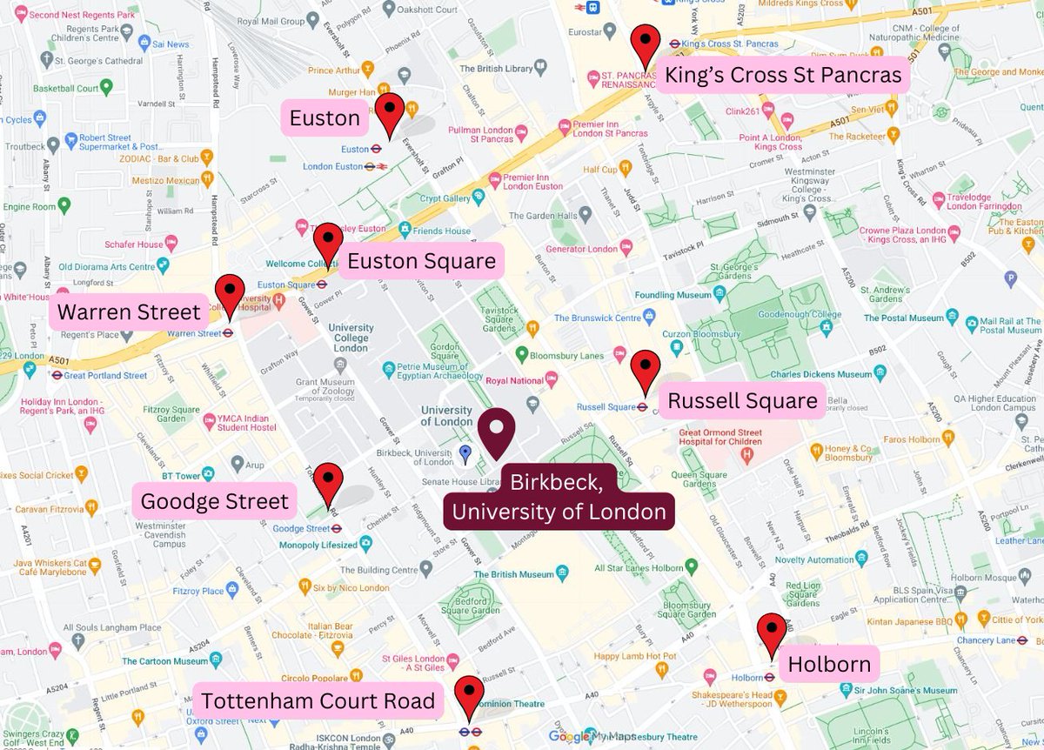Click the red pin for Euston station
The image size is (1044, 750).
pyautogui.click(x=390, y=113)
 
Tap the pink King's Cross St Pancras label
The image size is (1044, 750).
pyautogui.click(x=783, y=76)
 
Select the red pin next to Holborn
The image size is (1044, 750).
pyautogui.click(x=772, y=633)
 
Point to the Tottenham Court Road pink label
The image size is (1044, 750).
pyautogui.click(x=318, y=701)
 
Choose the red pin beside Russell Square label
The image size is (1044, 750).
pyautogui.click(x=646, y=371)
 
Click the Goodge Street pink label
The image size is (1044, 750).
pyautogui.click(x=214, y=502)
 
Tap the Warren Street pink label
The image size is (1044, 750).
pyautogui.click(x=129, y=311)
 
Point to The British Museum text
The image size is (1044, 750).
pyautogui.click(x=513, y=574)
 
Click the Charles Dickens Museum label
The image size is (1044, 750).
pyautogui.click(x=820, y=374)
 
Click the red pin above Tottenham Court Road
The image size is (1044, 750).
pyautogui.click(x=470, y=696)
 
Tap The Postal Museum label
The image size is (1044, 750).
pyautogui.click(x=903, y=318)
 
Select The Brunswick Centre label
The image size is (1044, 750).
pyautogui.click(x=599, y=318)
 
